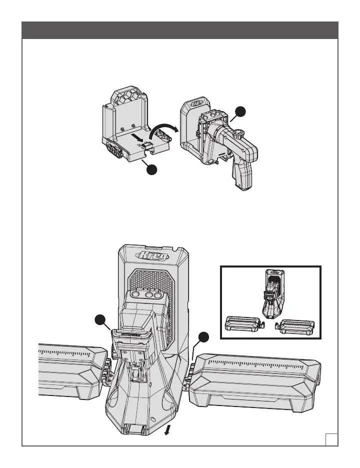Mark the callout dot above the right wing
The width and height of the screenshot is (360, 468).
(202, 338)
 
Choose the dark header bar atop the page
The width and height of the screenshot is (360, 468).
(180, 29)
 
